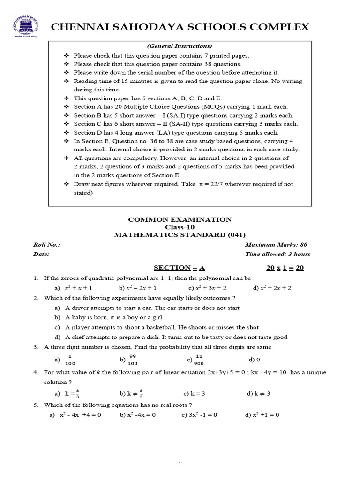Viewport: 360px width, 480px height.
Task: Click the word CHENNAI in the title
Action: pos(77,27)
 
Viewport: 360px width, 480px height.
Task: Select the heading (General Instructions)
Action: pos(180,46)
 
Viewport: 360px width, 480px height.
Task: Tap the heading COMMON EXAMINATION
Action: pos(180,219)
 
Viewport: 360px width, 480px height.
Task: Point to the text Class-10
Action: pos(180,227)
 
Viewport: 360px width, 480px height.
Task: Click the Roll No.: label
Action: pos(46,245)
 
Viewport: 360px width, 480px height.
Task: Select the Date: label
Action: pos(41,254)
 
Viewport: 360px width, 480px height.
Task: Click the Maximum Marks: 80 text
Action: pos(276,245)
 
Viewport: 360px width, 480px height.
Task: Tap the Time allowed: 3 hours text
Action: pos(277,254)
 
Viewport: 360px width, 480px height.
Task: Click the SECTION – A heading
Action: pos(180,268)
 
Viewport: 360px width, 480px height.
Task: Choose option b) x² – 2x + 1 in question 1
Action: pos(137,288)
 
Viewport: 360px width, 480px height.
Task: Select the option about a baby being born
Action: pos(107,317)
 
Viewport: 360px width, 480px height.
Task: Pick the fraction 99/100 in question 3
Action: pos(133,360)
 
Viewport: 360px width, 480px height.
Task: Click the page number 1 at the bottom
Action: pos(180,464)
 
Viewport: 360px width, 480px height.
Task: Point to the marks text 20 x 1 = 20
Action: pos(285,268)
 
